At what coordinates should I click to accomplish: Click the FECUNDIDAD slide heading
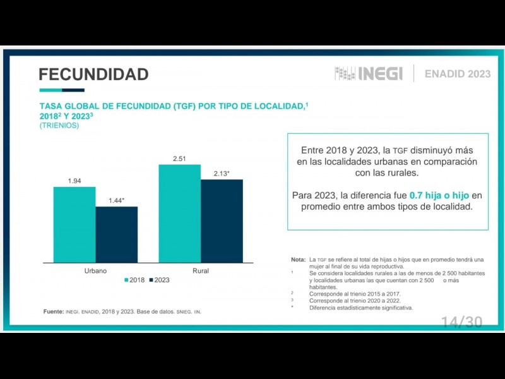(93, 75)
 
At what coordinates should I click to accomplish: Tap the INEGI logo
(369, 74)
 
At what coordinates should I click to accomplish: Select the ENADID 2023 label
(458, 74)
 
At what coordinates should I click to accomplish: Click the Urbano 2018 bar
(74, 224)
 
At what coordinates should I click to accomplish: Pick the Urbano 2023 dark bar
(117, 234)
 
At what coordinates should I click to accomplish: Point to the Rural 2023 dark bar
(222, 220)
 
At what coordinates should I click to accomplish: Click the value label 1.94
(74, 181)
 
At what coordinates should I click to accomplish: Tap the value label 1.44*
(117, 201)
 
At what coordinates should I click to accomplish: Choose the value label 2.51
(180, 159)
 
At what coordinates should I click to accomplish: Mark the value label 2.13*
(222, 174)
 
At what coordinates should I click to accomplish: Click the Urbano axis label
(95, 271)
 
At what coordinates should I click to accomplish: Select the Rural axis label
(201, 271)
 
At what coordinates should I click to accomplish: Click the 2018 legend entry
(134, 280)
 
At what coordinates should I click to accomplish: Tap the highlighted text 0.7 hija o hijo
(439, 195)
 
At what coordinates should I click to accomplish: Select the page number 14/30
(461, 322)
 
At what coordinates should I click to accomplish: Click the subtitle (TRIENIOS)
(59, 126)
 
